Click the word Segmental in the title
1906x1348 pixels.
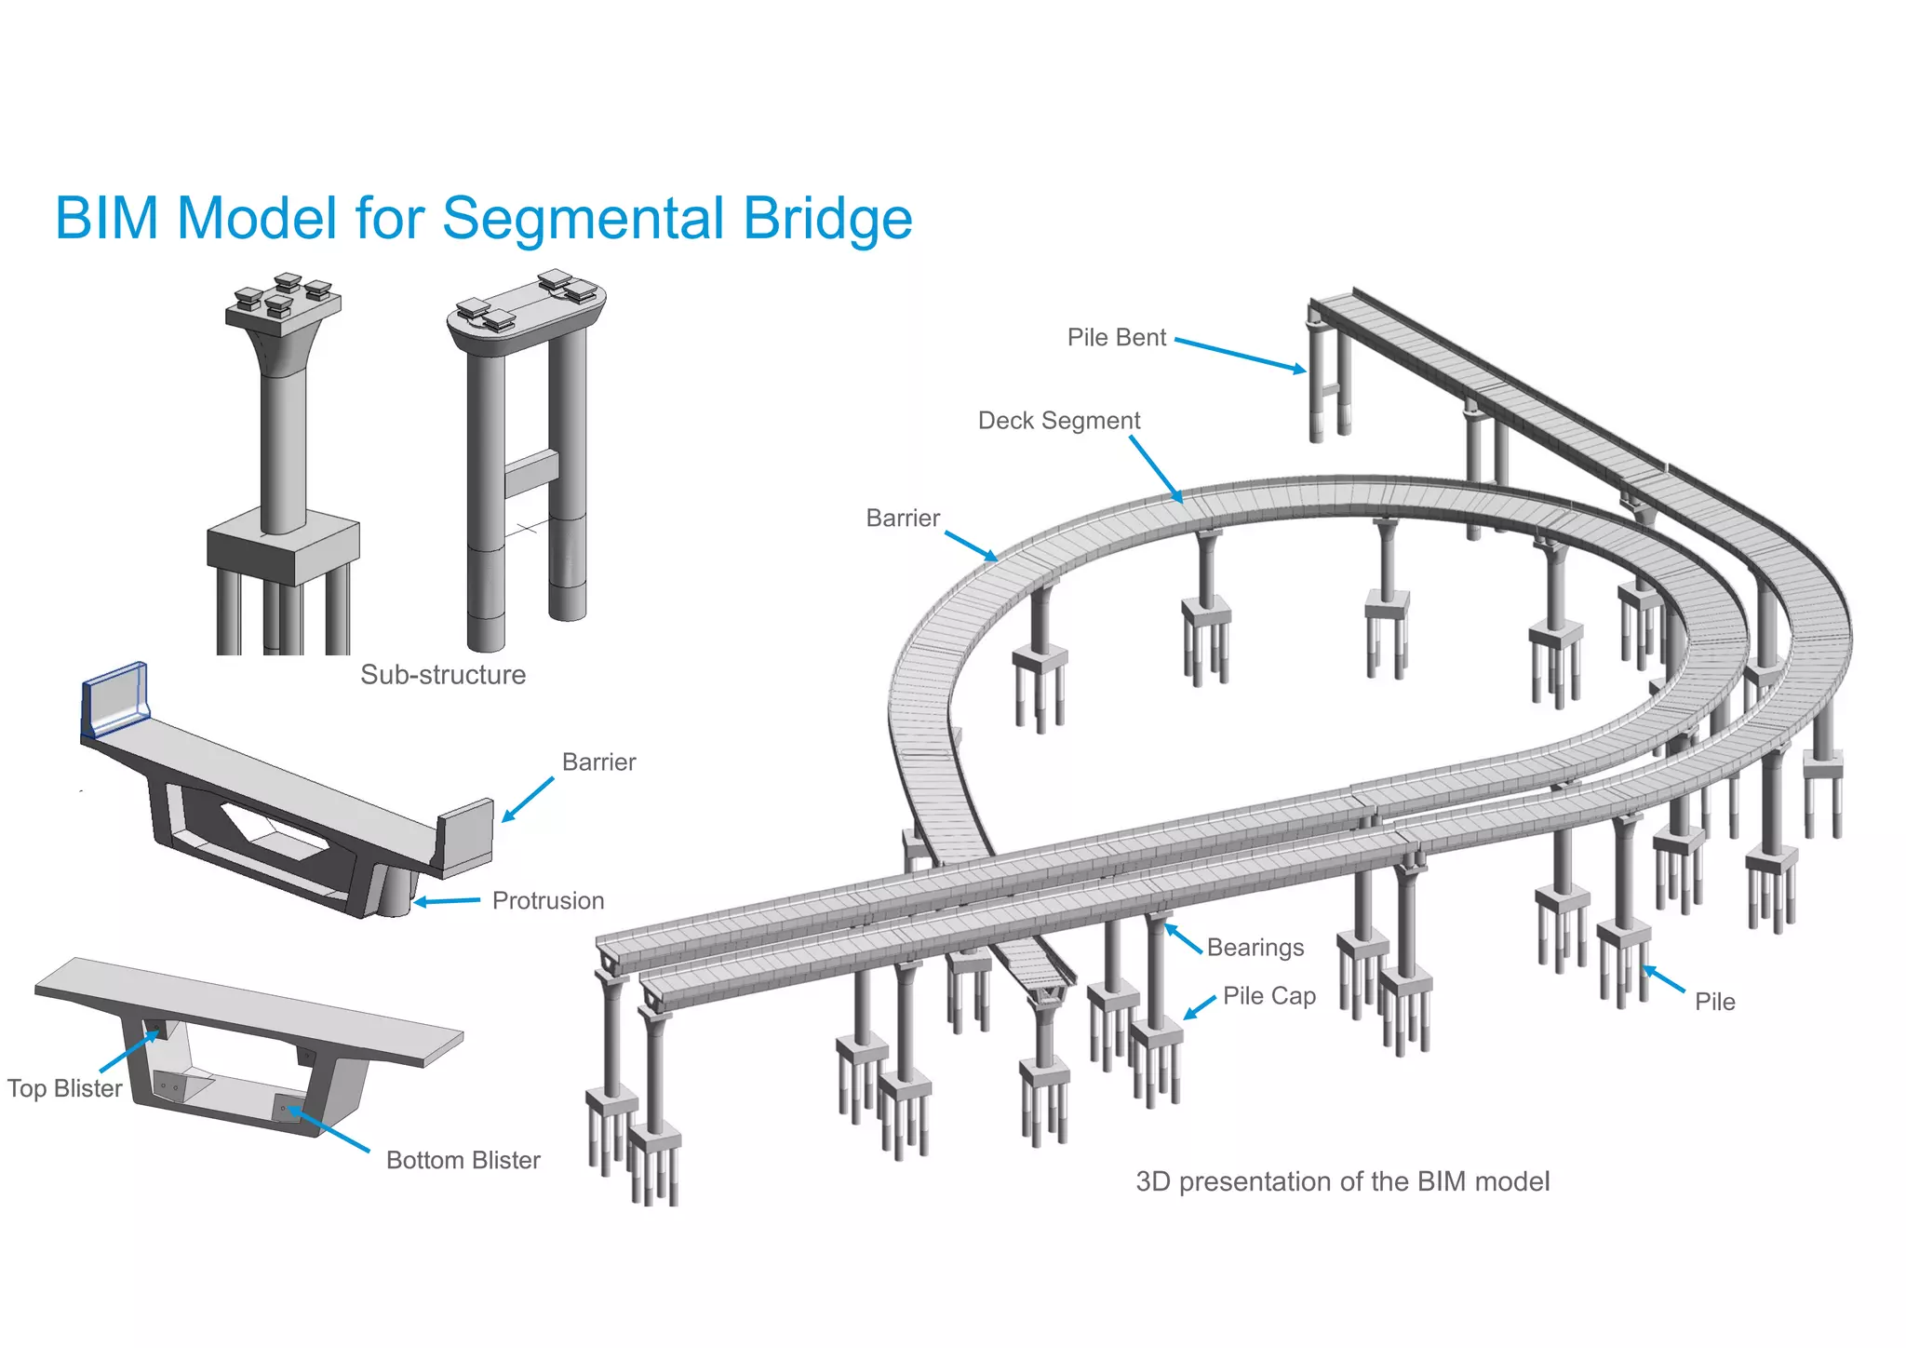click(583, 220)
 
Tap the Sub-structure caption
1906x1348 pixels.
click(443, 674)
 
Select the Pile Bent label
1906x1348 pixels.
click(1116, 337)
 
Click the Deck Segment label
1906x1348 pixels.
click(1058, 421)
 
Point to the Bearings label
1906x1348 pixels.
click(1255, 948)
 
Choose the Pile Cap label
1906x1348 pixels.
click(1268, 996)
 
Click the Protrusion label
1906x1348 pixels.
click(547, 901)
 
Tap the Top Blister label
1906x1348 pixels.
click(64, 1088)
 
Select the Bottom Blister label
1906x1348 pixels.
click(463, 1160)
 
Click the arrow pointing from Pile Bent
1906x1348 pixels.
click(1240, 355)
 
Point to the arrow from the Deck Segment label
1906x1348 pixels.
click(1156, 469)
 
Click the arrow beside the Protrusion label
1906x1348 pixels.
click(447, 901)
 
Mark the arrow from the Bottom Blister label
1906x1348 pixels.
click(329, 1130)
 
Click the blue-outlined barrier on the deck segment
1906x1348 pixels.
click(114, 700)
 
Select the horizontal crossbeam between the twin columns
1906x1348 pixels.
click(530, 473)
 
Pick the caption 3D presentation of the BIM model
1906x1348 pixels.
click(1342, 1181)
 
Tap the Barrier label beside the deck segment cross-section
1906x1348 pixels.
click(598, 762)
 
